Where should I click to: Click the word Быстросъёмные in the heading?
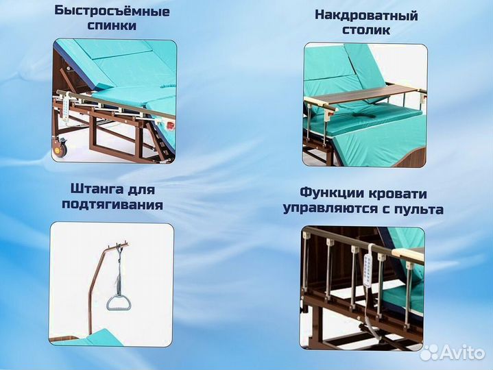[112, 12]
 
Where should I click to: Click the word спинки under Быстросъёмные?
[112, 26]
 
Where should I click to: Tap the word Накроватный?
[366, 15]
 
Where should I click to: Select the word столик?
[366, 30]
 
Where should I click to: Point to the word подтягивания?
[112, 204]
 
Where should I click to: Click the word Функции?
[330, 193]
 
